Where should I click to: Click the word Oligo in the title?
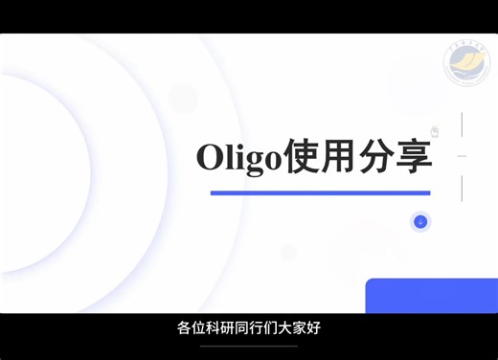(x=238, y=157)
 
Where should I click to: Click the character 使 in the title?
(x=301, y=157)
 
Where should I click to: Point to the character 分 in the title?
(x=378, y=157)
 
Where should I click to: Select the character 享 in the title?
(x=415, y=157)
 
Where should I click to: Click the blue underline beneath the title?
(x=320, y=193)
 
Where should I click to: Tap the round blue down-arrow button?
(x=419, y=222)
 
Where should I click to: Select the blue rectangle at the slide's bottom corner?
(x=431, y=296)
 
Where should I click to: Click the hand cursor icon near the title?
(x=434, y=132)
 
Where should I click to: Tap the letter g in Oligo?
(x=253, y=160)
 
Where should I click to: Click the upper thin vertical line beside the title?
(x=462, y=124)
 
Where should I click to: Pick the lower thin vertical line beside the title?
(x=462, y=187)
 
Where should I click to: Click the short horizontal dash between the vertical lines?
(x=462, y=155)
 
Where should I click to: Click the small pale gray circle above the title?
(x=183, y=97)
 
